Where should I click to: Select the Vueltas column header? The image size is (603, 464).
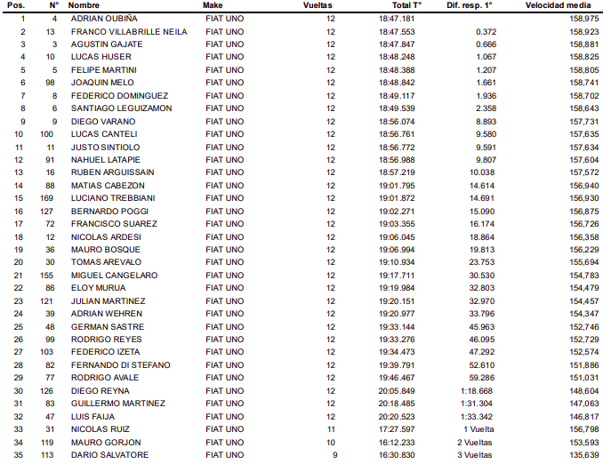[318, 5]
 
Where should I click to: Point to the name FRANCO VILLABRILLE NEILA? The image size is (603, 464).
[129, 31]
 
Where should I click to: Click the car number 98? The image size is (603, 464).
[52, 83]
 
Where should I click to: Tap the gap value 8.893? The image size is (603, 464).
[485, 121]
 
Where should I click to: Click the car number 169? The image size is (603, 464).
[50, 198]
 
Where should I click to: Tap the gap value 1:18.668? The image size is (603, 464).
[478, 391]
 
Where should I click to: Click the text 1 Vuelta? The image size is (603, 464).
[478, 429]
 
